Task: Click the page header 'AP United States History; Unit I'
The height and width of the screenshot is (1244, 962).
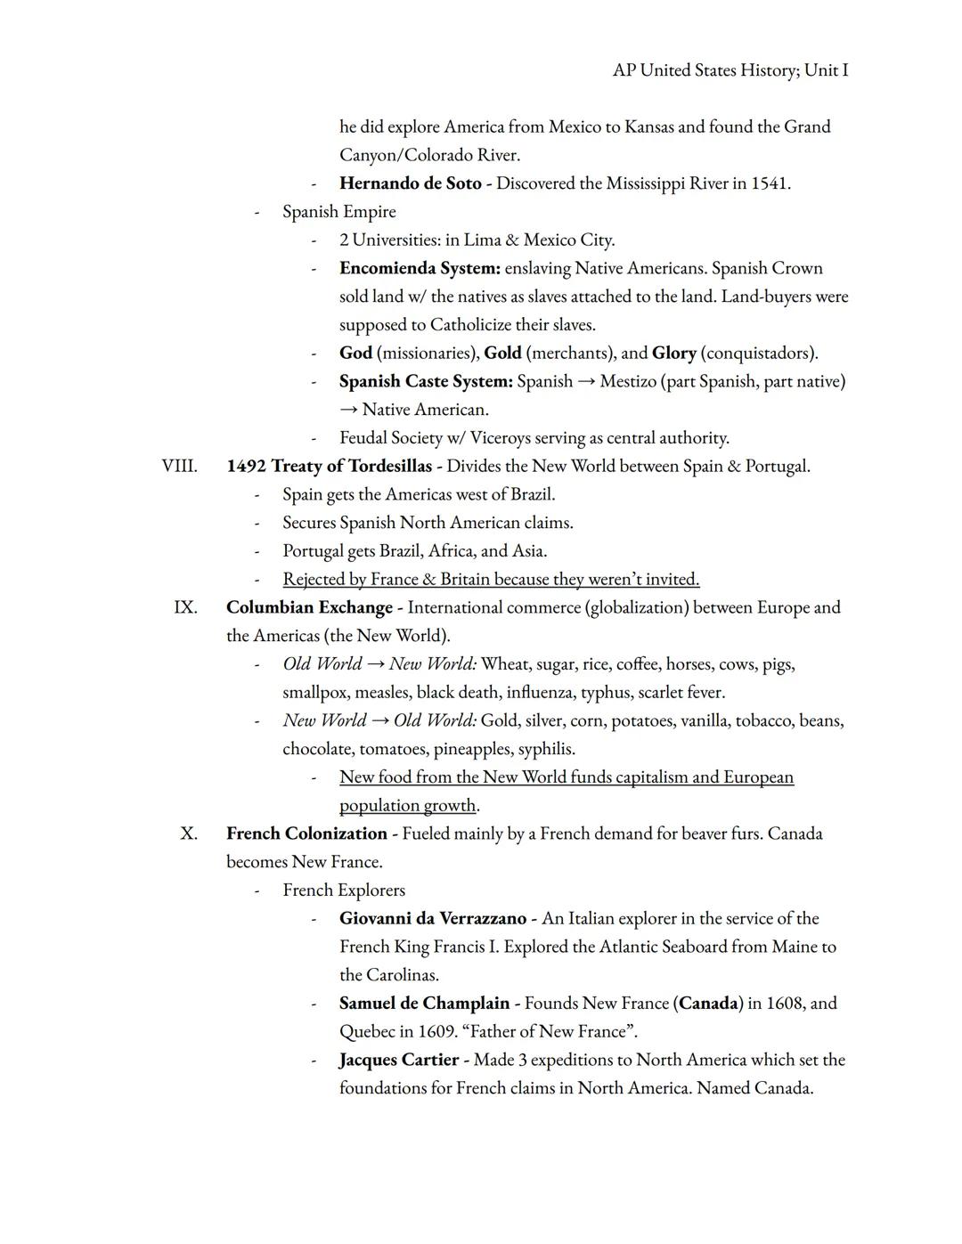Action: click(x=730, y=69)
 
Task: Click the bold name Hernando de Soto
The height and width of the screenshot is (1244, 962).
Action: click(x=410, y=183)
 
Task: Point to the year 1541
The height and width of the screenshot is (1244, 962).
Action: click(x=769, y=183)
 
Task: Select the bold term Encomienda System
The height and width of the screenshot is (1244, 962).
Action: click(x=420, y=268)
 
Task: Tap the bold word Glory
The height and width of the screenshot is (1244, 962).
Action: click(x=673, y=353)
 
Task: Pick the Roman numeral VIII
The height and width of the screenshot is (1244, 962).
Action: click(x=179, y=466)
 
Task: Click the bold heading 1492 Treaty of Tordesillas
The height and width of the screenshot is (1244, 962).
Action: click(x=329, y=466)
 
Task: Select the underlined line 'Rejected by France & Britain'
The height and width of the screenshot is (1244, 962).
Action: click(x=491, y=579)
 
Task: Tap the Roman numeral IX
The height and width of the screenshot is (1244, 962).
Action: click(x=185, y=607)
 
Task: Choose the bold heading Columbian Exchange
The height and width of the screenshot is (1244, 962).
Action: click(x=309, y=607)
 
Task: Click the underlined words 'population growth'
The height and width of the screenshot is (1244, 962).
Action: click(x=407, y=805)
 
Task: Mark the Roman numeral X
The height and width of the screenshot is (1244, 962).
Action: click(x=188, y=833)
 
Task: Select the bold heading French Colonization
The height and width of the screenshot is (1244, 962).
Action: click(x=306, y=833)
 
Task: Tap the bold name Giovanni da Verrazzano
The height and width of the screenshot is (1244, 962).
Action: click(x=433, y=918)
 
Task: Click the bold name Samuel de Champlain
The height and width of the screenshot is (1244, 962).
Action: click(x=424, y=1003)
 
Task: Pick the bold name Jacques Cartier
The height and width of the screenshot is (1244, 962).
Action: click(x=398, y=1060)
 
